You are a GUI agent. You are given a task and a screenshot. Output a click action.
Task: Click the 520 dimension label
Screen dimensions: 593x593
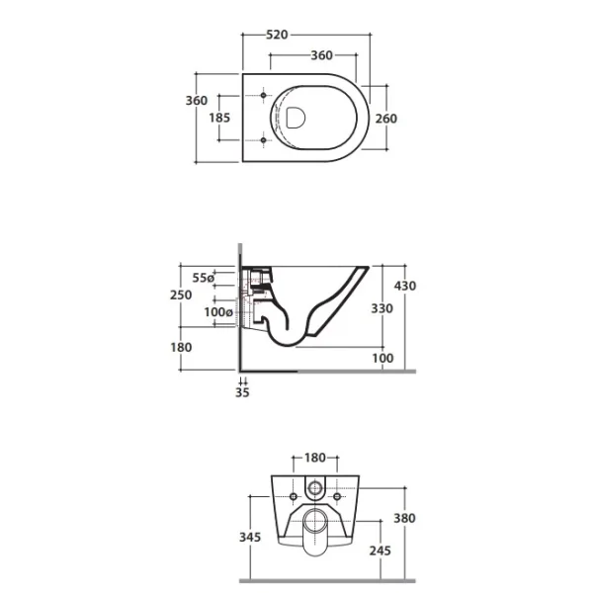pyautogui.click(x=277, y=35)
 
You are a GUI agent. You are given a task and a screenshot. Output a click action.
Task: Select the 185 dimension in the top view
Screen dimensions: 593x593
pyautogui.click(x=219, y=118)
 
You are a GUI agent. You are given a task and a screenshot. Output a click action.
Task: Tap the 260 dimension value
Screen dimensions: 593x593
pyautogui.click(x=386, y=119)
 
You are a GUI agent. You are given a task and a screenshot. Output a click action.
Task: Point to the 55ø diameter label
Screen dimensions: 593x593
pyautogui.click(x=203, y=278)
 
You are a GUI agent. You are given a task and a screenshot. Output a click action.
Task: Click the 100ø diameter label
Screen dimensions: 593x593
pyautogui.click(x=218, y=312)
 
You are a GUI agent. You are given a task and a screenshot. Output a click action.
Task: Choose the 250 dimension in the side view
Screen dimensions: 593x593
pyautogui.click(x=181, y=295)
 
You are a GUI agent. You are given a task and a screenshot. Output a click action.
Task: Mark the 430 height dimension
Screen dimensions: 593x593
pyautogui.click(x=405, y=286)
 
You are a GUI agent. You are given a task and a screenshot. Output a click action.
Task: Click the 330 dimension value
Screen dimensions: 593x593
pyautogui.click(x=381, y=308)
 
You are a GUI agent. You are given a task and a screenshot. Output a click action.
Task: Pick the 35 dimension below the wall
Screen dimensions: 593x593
pyautogui.click(x=242, y=392)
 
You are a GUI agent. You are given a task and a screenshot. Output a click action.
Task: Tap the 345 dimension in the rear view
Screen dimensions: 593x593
pyautogui.click(x=250, y=537)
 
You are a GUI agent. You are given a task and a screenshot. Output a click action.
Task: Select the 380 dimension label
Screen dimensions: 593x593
pyautogui.click(x=404, y=518)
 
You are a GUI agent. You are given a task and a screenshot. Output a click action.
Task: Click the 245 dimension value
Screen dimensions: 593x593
pyautogui.click(x=381, y=551)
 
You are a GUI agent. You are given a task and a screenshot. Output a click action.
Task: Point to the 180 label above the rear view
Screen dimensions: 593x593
pyautogui.click(x=315, y=458)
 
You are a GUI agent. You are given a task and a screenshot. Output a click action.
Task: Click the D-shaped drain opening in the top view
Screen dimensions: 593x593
pyautogui.click(x=296, y=118)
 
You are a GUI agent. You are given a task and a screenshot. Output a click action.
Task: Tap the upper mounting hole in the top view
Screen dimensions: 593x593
pyautogui.click(x=264, y=95)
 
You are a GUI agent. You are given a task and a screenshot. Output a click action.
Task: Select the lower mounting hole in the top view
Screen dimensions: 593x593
pyautogui.click(x=264, y=140)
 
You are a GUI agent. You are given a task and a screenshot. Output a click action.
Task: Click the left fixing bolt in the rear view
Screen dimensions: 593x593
pyautogui.click(x=294, y=496)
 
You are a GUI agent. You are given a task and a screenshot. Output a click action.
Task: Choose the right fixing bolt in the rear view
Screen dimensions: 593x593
pyautogui.click(x=337, y=496)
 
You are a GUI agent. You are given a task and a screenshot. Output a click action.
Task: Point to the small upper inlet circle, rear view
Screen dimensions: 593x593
pyautogui.click(x=314, y=488)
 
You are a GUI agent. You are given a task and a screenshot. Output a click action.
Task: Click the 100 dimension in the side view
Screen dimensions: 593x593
pyautogui.click(x=382, y=358)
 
